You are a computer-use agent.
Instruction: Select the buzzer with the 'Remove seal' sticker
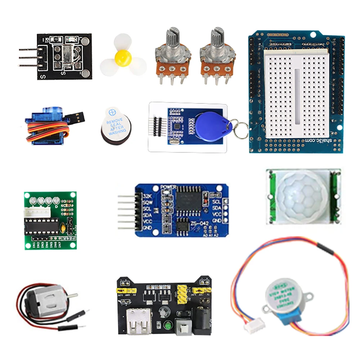(115, 124)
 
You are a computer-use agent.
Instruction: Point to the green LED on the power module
(167, 326)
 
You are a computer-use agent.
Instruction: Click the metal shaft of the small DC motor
(72, 296)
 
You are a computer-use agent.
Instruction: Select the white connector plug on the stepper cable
(252, 327)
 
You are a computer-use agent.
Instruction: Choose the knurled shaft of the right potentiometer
(217, 38)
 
